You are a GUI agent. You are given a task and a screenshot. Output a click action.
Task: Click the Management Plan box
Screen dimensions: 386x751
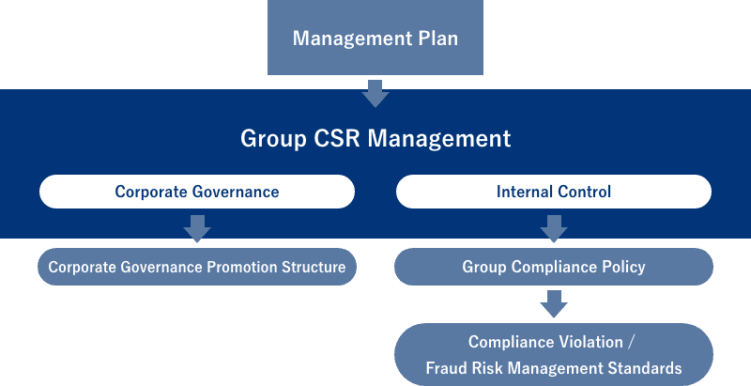click(375, 39)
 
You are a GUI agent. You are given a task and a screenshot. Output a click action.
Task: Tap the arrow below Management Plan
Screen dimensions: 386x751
click(375, 93)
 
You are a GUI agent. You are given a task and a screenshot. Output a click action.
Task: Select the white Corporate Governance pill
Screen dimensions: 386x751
click(197, 192)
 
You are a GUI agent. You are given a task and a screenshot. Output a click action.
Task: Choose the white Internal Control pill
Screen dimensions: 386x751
click(553, 192)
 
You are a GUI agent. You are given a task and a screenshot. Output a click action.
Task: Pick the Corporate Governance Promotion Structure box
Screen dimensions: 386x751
click(197, 267)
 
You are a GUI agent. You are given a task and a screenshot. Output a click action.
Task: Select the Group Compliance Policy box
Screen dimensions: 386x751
click(553, 267)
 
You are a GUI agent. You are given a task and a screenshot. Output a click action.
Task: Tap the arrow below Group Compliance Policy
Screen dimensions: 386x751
click(553, 303)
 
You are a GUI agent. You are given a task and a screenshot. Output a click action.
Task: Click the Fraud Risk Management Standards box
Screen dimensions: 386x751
click(553, 355)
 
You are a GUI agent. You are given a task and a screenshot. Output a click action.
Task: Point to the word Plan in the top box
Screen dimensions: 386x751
click(436, 39)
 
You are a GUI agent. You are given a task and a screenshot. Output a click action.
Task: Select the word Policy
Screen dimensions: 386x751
click(624, 267)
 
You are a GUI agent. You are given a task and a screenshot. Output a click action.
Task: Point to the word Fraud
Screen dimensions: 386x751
click(446, 368)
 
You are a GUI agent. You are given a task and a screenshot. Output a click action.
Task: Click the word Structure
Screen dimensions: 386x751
click(314, 267)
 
